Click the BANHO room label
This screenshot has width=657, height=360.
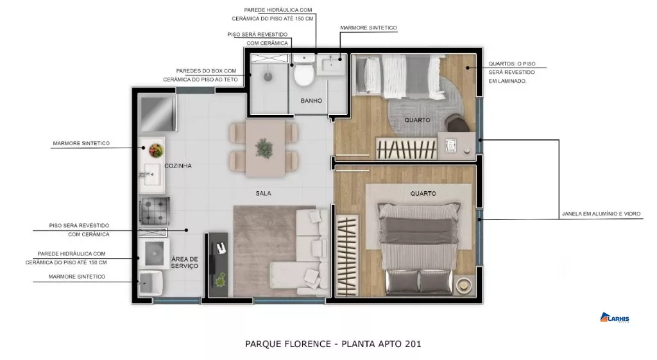click(x=311, y=101)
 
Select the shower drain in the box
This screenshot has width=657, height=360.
click(x=268, y=76)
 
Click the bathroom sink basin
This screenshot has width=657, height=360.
click(x=331, y=65)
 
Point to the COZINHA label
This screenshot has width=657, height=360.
click(x=178, y=166)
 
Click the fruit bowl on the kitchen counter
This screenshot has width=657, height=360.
click(x=157, y=150)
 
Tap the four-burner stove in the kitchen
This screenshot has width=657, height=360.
click(x=154, y=211)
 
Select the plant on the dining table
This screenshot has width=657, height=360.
click(x=264, y=148)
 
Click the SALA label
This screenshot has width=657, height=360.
click(x=264, y=193)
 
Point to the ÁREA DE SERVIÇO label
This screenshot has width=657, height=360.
click(x=185, y=262)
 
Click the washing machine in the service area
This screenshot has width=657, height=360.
click(x=154, y=253)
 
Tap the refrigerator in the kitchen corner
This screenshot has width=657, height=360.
click(x=157, y=113)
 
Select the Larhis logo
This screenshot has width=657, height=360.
click(x=615, y=318)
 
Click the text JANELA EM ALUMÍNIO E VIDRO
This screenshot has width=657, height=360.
click(x=601, y=214)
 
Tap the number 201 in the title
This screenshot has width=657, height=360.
click(x=413, y=344)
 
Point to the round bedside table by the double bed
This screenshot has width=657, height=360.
click(x=464, y=286)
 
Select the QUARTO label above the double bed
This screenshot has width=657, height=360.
click(x=423, y=194)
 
